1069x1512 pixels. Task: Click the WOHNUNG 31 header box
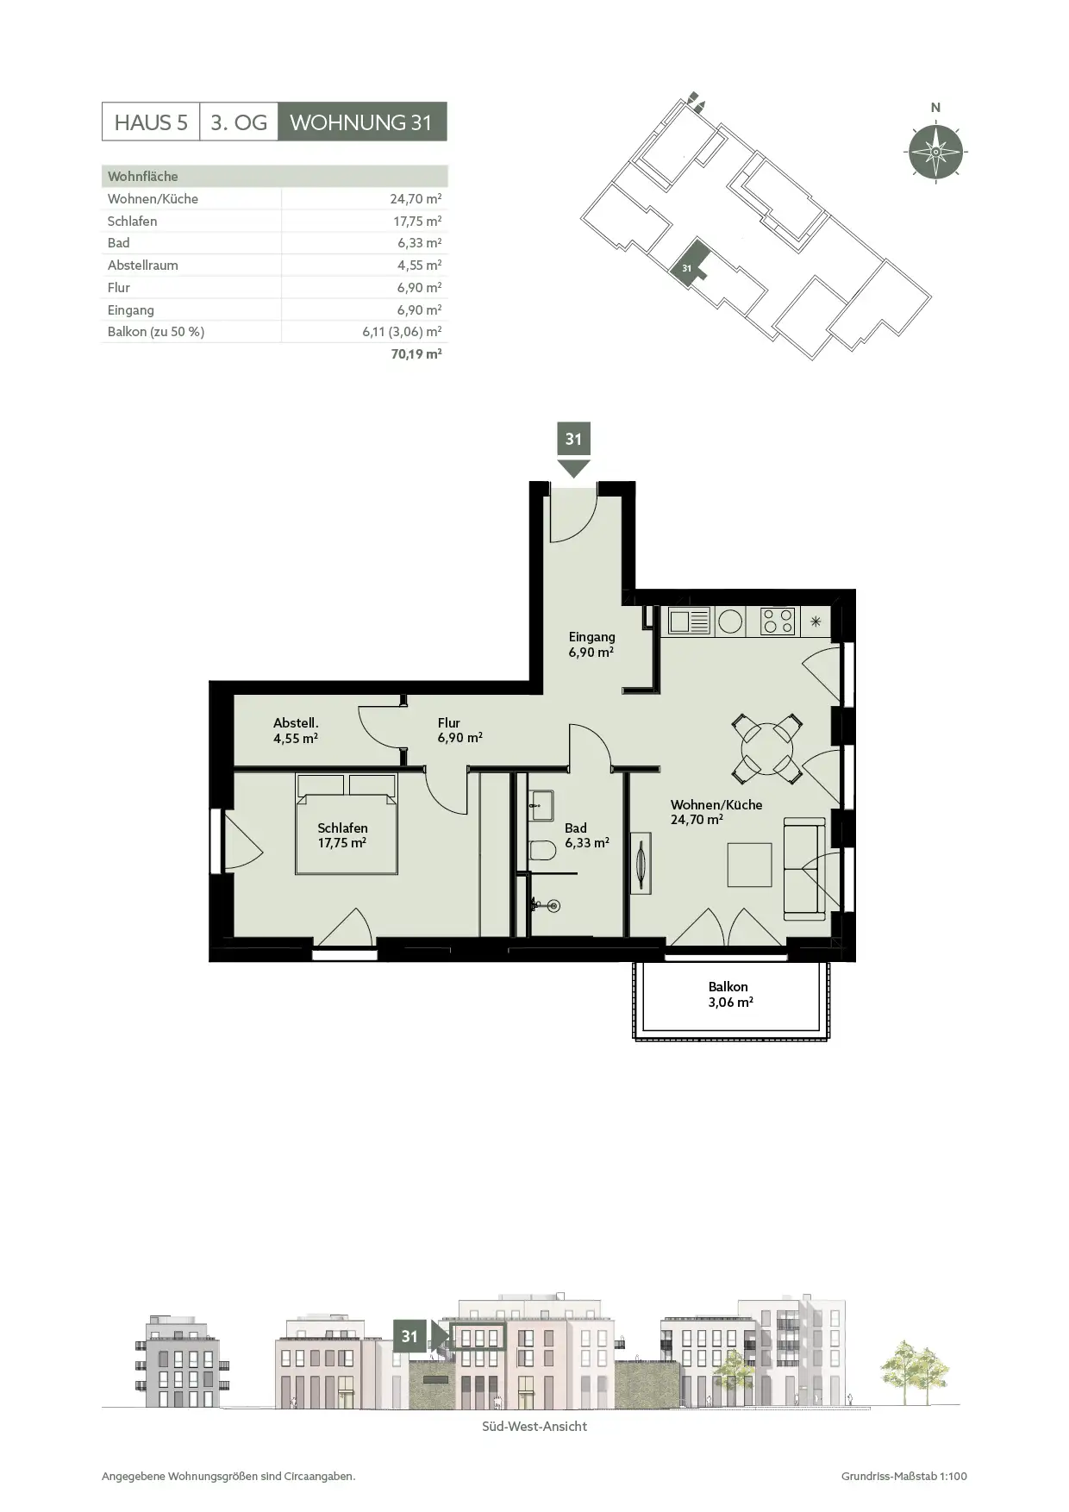pyautogui.click(x=362, y=122)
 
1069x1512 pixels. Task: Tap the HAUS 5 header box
pyautogui.click(x=151, y=122)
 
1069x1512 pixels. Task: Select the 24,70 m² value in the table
pyautogui.click(x=416, y=198)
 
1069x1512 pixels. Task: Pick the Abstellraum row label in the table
pyautogui.click(x=143, y=266)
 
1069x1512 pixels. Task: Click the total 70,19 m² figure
pyautogui.click(x=416, y=353)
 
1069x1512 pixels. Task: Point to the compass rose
pyautogui.click(x=935, y=152)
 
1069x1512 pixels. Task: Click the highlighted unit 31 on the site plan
pyautogui.click(x=691, y=261)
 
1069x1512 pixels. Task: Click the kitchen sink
pyautogui.click(x=689, y=621)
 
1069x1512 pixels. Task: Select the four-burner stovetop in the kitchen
pyautogui.click(x=778, y=622)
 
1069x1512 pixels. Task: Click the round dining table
pyautogui.click(x=766, y=748)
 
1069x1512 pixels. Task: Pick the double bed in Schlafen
pyautogui.click(x=347, y=824)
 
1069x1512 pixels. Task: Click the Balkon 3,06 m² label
pyautogui.click(x=729, y=995)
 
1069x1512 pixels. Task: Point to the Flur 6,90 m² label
pyautogui.click(x=459, y=730)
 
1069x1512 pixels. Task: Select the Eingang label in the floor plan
pyautogui.click(x=591, y=637)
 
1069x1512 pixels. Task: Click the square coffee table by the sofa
pyautogui.click(x=749, y=865)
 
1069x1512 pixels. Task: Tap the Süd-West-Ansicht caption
pyautogui.click(x=534, y=1427)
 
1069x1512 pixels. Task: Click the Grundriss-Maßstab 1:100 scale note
pyautogui.click(x=904, y=1476)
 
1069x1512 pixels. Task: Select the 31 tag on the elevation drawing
pyautogui.click(x=409, y=1336)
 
